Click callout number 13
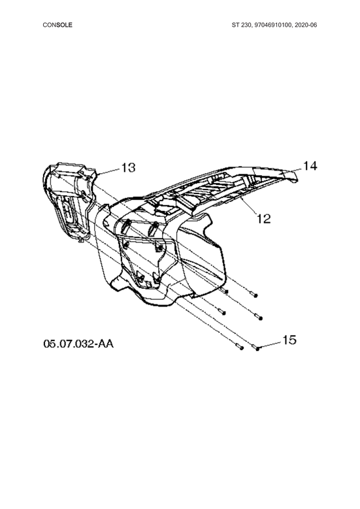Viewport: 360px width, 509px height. point(129,168)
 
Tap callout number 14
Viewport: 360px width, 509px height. point(310,166)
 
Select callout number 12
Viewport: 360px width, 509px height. point(263,219)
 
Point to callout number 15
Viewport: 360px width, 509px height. point(289,340)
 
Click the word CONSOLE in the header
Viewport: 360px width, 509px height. point(57,25)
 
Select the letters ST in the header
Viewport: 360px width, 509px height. point(235,25)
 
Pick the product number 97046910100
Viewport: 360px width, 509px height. point(273,25)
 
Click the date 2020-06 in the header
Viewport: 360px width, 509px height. point(306,25)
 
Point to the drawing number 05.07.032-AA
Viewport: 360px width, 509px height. point(78,344)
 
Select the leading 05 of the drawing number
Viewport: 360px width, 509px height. point(49,344)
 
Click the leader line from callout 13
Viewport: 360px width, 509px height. point(108,171)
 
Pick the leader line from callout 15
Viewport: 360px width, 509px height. point(269,346)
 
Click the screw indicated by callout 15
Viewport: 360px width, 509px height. point(256,348)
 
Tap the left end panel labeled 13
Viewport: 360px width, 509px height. point(69,201)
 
